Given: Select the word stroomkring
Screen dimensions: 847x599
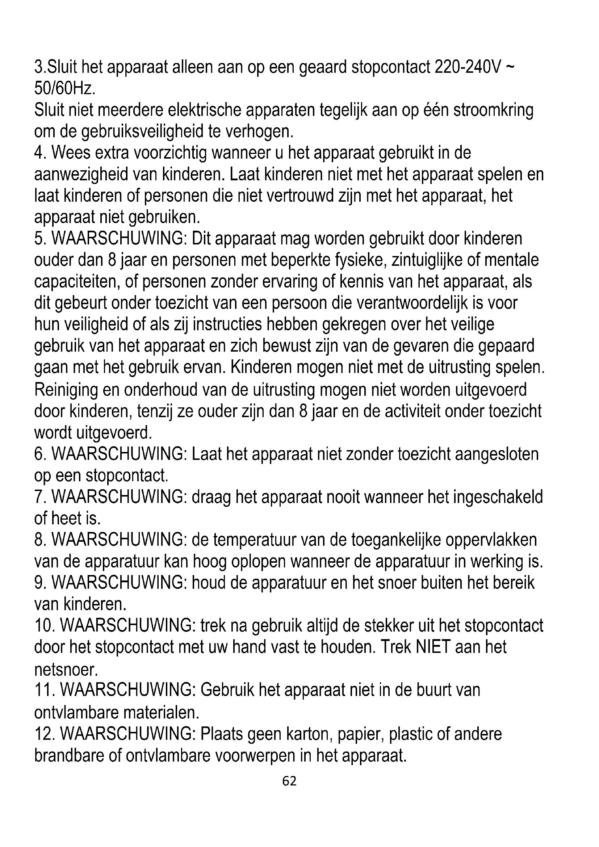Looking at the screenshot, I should [x=493, y=110].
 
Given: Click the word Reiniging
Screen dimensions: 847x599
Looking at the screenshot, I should [x=66, y=390].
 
